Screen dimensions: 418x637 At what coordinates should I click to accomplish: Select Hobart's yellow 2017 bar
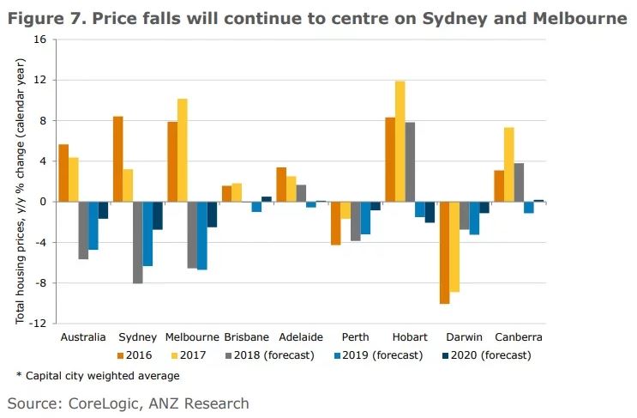400,141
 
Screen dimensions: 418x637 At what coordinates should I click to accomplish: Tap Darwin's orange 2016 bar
444,252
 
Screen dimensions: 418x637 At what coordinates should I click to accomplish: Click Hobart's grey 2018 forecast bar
410,161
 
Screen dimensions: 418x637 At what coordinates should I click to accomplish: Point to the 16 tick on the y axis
39,39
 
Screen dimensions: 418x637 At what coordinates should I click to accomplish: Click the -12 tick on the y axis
37,324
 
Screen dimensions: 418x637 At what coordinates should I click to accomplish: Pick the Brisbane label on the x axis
247,337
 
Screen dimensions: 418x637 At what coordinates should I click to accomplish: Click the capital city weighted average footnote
98,375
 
